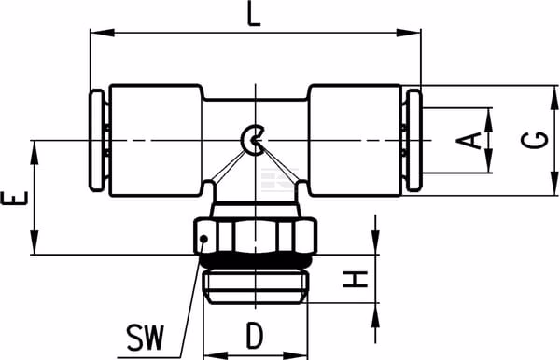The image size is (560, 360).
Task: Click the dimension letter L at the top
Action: pos(254,13)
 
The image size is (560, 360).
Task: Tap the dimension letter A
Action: pos(469,141)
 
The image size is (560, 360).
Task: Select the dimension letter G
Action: pos(534,140)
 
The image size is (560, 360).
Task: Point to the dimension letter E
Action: pos(15,199)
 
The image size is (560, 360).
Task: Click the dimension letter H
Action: pos(356,279)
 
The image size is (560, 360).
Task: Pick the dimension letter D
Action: pos(255,336)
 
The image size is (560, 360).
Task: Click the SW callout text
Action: pos(146,338)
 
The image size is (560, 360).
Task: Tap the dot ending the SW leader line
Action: pos(203,239)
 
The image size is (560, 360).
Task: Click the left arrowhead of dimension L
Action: pos(102,33)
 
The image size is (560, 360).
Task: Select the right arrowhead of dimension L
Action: pos(410,33)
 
